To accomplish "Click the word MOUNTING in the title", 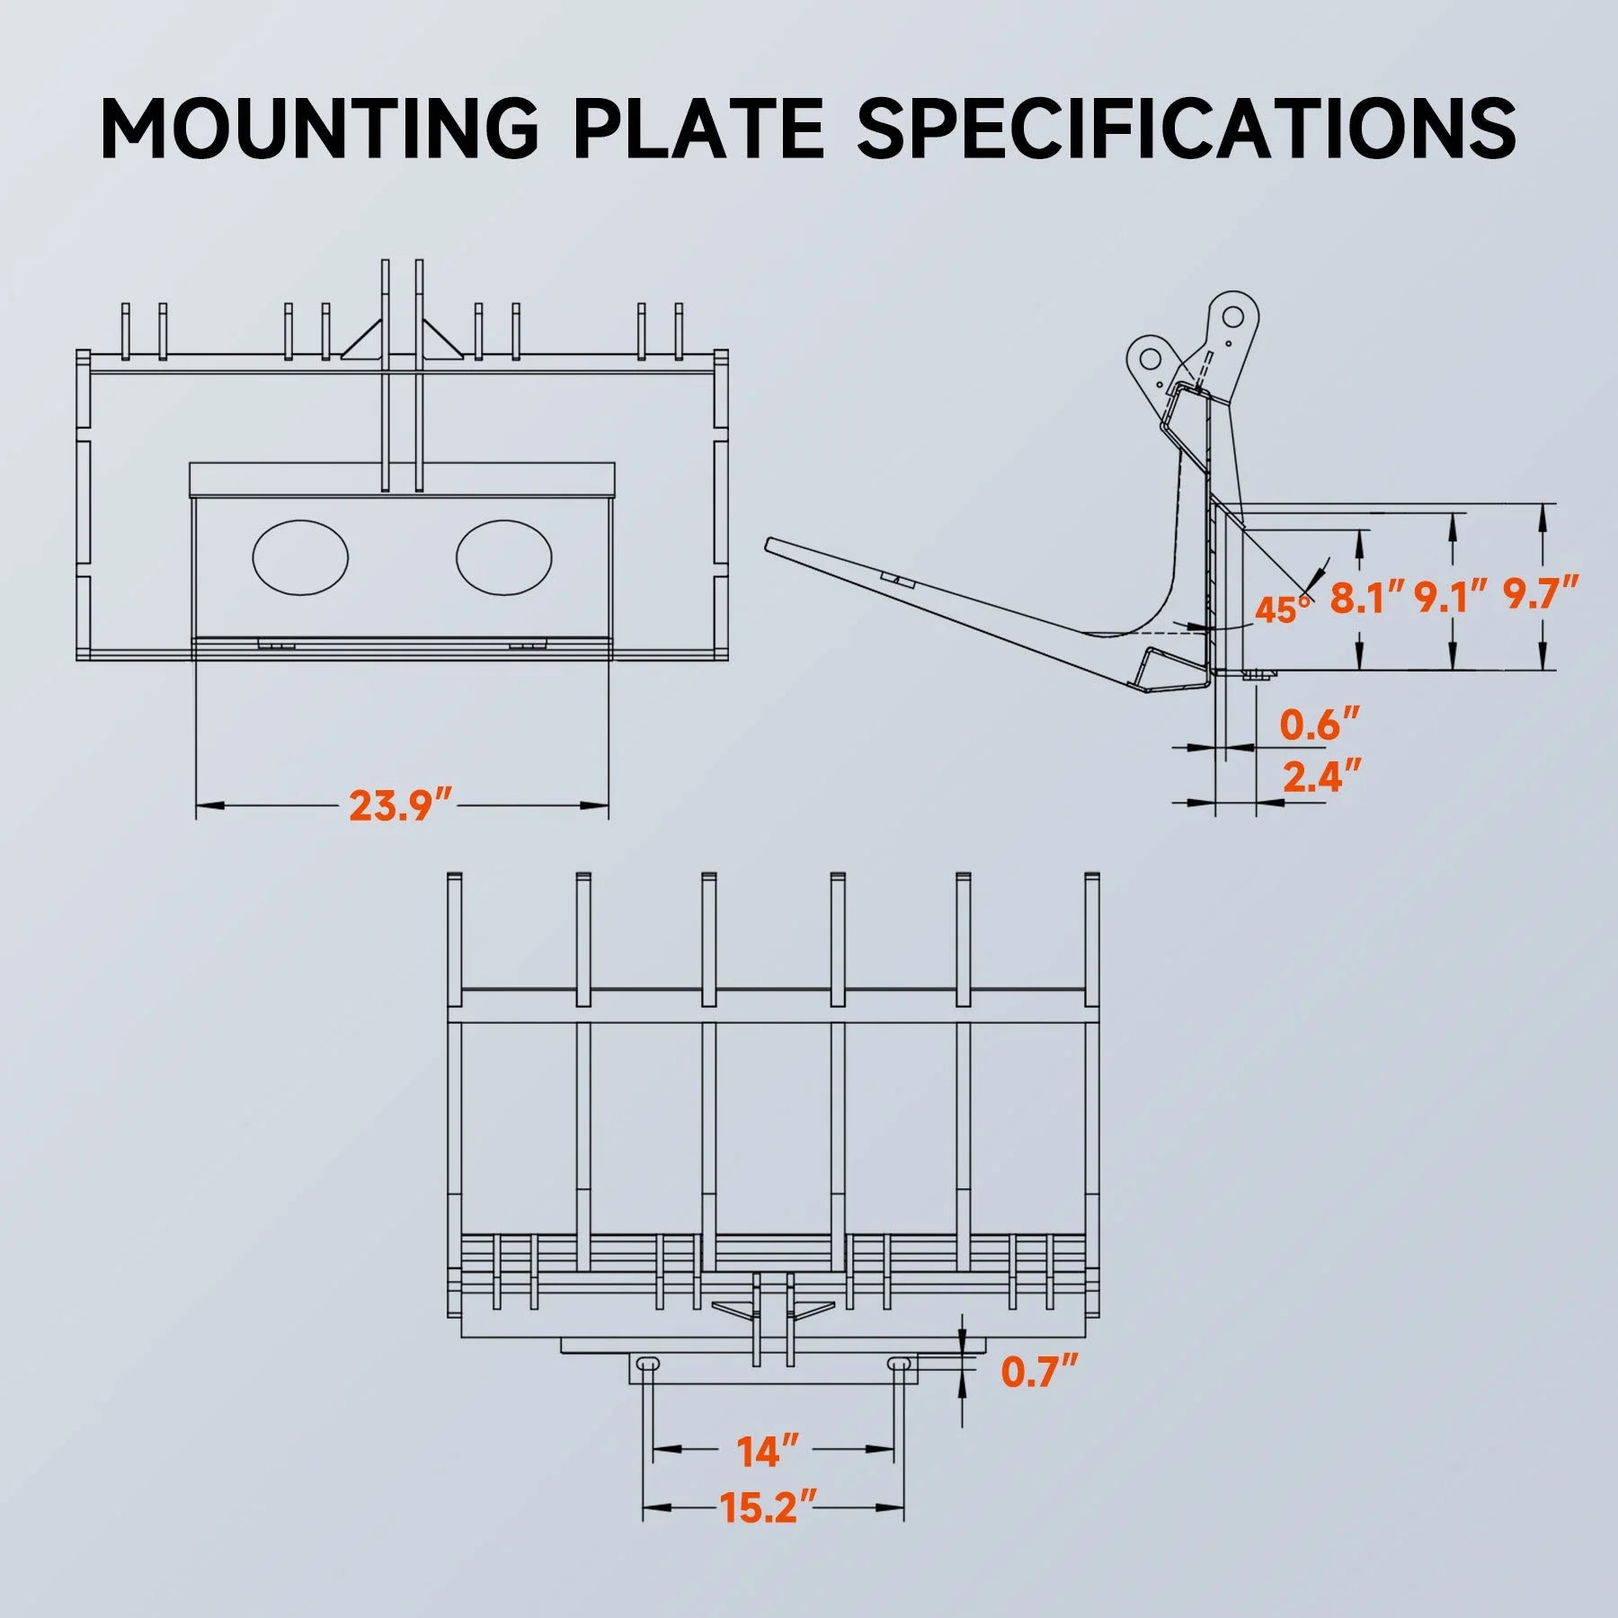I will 319,128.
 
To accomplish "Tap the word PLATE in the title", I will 698,128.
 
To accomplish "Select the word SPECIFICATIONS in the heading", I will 1187,128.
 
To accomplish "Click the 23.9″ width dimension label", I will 401,805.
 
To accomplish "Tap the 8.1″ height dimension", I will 1367,597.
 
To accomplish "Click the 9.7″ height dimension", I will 1541,594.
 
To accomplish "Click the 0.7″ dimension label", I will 1039,1372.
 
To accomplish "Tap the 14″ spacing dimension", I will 767,1452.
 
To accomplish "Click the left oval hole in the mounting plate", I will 300,557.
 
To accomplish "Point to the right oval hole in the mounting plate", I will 503,557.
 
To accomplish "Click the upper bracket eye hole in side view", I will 1231,316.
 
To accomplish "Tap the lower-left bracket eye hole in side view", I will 1150,359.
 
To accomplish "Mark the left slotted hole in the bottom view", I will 647,1365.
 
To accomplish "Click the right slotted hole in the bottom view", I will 898,1365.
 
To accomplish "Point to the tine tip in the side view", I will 770,545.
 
